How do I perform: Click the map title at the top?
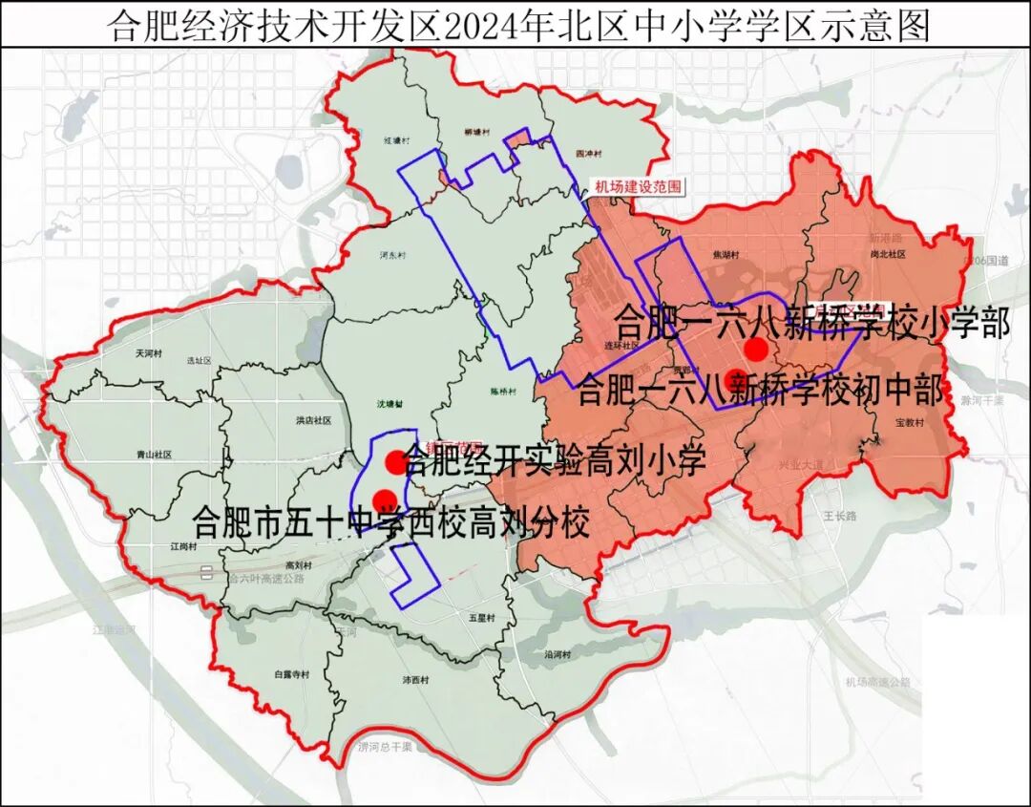(515, 25)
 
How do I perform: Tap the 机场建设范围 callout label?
(638, 187)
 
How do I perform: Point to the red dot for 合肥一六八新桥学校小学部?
(755, 347)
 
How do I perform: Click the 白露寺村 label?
(291, 674)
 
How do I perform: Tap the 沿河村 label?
(557, 655)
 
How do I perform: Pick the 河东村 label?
(392, 256)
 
